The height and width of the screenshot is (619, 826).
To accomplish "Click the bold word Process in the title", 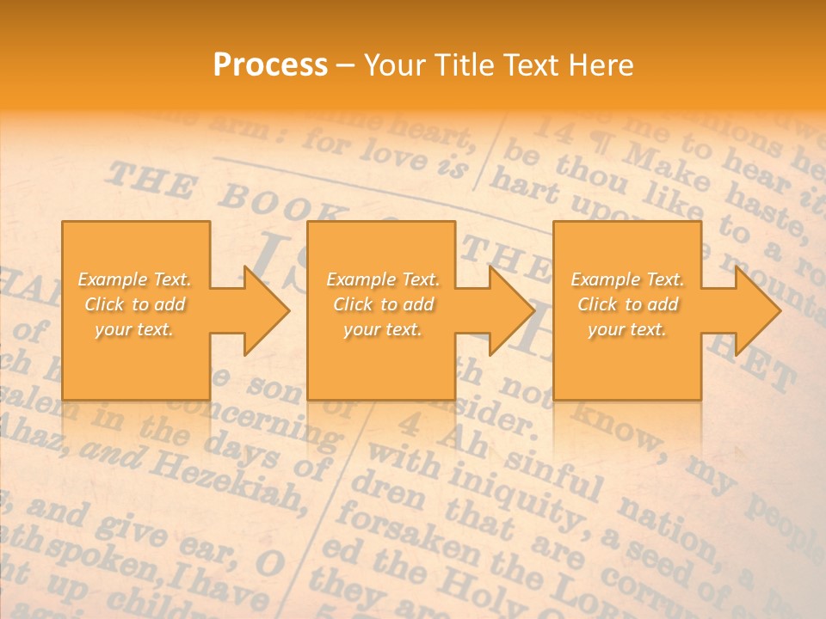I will click(x=270, y=65).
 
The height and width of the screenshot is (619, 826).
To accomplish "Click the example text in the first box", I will click(x=134, y=304).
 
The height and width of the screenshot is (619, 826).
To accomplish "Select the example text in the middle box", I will click(x=382, y=304).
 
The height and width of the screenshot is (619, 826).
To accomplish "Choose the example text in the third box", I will click(x=627, y=304).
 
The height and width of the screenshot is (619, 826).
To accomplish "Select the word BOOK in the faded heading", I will click(x=259, y=201).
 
